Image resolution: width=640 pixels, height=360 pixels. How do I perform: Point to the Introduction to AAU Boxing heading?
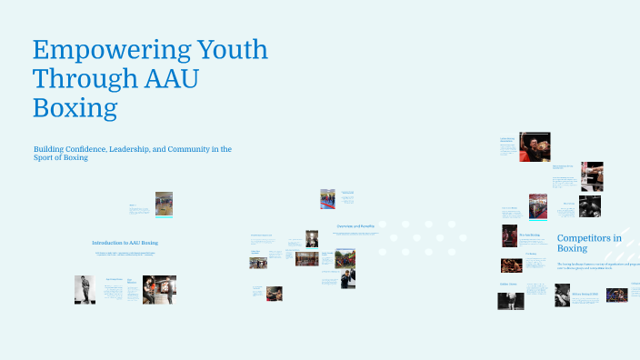point(125,243)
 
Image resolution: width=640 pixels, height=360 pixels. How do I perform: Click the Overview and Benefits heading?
point(330,225)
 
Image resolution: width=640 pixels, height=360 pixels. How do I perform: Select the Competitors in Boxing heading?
point(588,243)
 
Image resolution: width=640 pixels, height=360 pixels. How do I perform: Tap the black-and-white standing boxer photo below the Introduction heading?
point(85,289)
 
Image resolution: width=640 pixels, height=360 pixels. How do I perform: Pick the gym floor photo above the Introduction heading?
point(164,204)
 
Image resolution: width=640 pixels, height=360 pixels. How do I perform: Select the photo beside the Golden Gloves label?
point(510,300)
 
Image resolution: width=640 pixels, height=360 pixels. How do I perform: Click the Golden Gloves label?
point(508,285)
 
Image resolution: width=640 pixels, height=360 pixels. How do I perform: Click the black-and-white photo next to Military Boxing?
point(562,295)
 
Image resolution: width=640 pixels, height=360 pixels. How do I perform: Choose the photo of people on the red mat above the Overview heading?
point(327,199)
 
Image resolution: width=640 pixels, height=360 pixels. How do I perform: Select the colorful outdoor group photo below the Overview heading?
point(345,258)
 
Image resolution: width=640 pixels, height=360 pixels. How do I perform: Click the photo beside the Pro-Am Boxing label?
point(509,235)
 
